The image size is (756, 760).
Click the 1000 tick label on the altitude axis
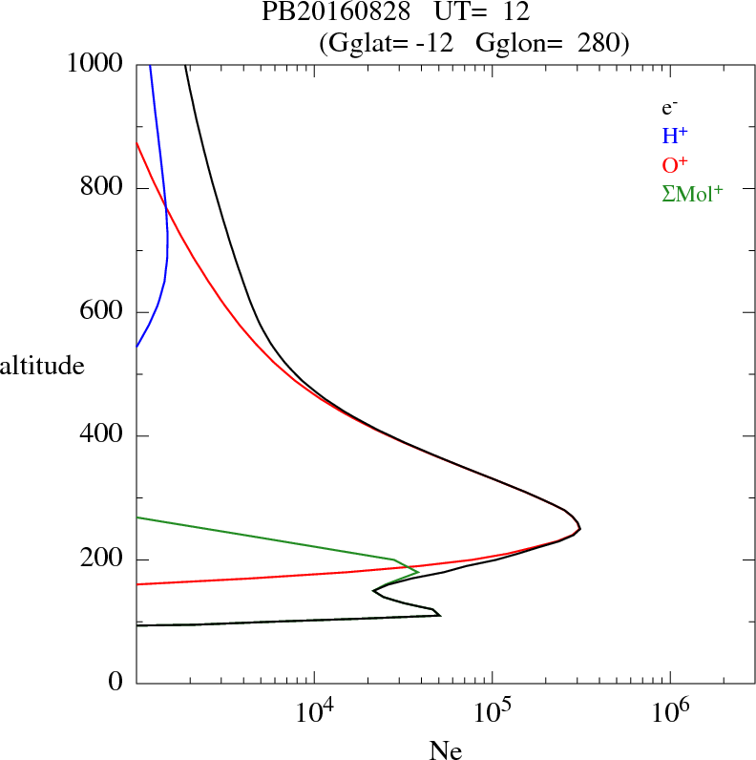tap(95, 64)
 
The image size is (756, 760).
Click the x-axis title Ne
tap(445, 750)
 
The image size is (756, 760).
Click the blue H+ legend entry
tap(674, 135)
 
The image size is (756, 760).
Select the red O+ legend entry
tap(674, 163)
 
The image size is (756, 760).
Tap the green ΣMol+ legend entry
tap(692, 192)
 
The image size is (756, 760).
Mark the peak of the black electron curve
tap(579, 528)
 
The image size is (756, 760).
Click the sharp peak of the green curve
tap(418, 571)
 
